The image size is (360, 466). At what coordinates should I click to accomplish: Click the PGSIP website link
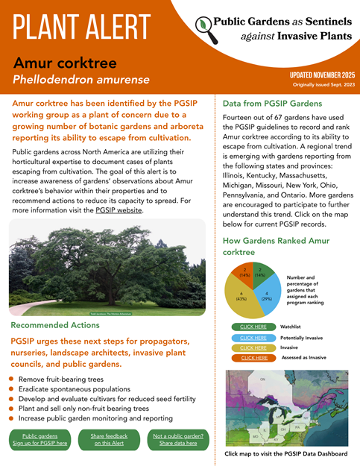coord(119,210)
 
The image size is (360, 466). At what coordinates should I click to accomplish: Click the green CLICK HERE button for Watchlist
coord(254,327)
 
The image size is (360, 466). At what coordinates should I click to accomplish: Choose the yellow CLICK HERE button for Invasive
coord(254,347)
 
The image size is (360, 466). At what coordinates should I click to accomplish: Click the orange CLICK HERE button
coord(254,358)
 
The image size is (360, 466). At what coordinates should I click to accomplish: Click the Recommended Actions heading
coord(55,325)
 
